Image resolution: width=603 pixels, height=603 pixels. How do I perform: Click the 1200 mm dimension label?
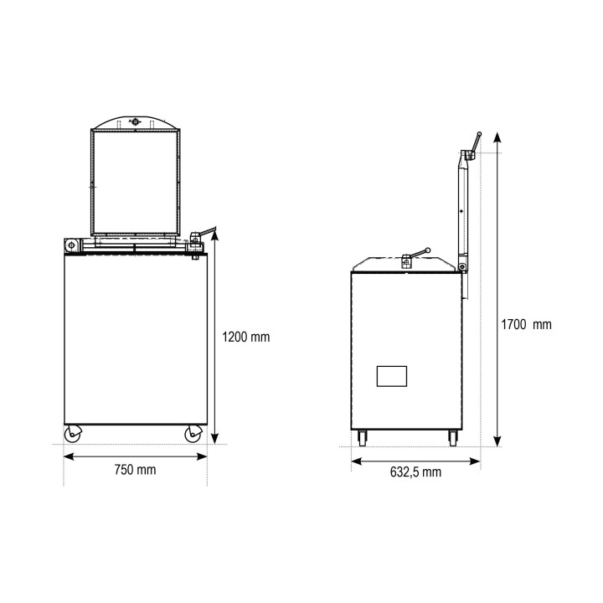pyautogui.click(x=245, y=338)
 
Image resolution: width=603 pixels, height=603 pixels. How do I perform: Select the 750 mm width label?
pyautogui.click(x=136, y=470)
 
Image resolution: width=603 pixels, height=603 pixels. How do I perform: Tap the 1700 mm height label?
pyautogui.click(x=526, y=325)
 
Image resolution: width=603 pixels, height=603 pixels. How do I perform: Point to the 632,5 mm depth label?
pyautogui.click(x=415, y=472)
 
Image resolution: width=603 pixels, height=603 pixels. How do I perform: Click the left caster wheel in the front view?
pyautogui.click(x=73, y=434)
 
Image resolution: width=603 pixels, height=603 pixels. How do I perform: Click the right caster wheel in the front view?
pyautogui.click(x=193, y=434)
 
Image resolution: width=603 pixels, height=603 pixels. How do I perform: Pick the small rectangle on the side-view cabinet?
pyautogui.click(x=391, y=376)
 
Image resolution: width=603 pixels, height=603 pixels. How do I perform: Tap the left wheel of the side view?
pyautogui.click(x=362, y=438)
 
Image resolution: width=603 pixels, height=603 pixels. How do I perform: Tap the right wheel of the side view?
pyautogui.click(x=453, y=438)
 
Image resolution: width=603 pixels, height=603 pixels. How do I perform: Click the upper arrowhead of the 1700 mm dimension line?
pyautogui.click(x=497, y=137)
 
